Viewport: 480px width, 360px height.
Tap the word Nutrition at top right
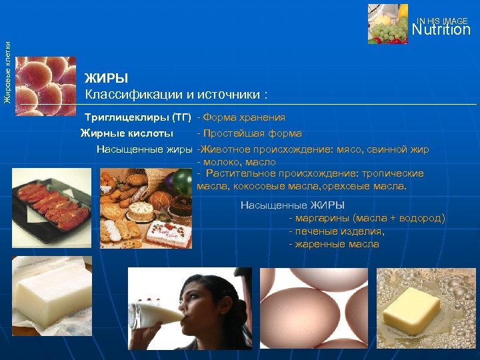(441, 30)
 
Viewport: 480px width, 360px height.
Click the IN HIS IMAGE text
(443, 21)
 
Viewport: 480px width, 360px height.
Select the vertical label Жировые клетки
(7, 71)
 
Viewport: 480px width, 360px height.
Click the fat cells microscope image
(45, 85)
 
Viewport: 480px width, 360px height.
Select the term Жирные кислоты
(127, 133)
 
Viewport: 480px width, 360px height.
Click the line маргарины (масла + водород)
(367, 218)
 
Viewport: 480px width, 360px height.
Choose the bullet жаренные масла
(333, 244)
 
